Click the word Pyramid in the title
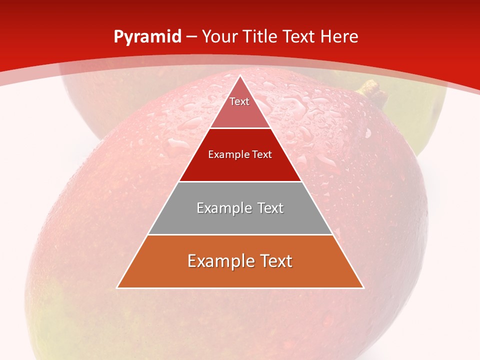point(147,37)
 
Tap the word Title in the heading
point(261,37)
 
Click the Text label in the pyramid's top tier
point(239,102)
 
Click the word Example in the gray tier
point(222,208)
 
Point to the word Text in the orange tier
point(273,261)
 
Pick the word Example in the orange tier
point(217,261)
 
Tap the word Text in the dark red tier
point(262,155)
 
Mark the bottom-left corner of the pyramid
point(117,287)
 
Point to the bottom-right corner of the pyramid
point(363,287)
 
